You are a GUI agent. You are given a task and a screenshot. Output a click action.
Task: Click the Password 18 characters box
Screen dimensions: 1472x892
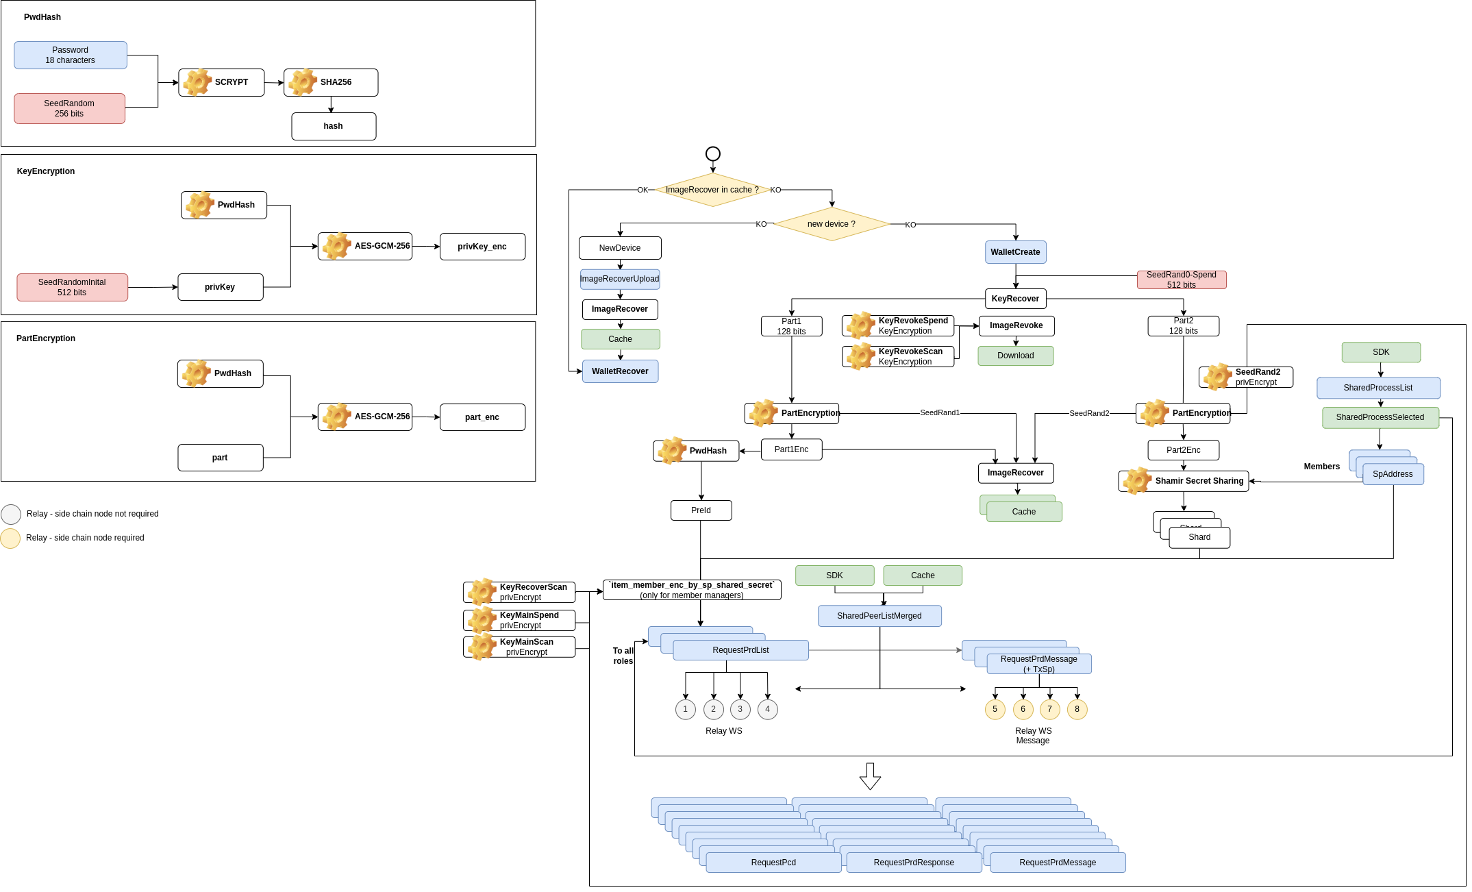71,55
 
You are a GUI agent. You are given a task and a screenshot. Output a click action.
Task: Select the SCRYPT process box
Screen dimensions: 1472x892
221,82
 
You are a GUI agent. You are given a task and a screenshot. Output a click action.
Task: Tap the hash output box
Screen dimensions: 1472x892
334,126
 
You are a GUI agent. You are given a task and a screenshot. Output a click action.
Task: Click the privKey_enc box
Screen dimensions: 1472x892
482,247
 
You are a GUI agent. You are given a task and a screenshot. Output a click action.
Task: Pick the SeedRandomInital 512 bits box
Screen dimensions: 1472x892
72,287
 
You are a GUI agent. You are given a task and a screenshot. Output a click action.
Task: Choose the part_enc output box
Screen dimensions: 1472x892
482,417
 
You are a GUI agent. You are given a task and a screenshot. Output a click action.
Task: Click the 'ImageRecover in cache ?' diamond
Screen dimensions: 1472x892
712,190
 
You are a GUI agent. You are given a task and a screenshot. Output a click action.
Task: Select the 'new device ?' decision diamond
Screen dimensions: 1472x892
832,224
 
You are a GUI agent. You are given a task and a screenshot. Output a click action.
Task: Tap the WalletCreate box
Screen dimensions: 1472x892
1015,252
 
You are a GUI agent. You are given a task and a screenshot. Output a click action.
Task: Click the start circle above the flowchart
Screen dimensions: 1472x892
713,153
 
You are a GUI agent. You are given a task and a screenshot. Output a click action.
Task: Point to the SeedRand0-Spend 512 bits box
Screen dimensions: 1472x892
1182,280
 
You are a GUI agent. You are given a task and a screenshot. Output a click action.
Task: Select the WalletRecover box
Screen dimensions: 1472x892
620,371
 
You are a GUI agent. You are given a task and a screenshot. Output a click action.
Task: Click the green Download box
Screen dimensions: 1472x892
1016,356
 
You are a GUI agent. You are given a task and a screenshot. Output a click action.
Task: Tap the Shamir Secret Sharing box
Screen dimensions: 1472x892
1184,481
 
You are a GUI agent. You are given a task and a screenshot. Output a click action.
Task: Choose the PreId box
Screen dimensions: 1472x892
701,510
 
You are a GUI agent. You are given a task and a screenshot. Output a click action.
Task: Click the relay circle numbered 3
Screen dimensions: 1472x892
740,709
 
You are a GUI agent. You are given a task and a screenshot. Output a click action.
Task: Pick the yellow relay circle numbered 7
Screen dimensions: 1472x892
1050,709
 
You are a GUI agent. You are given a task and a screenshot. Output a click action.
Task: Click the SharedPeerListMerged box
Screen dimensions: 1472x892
880,616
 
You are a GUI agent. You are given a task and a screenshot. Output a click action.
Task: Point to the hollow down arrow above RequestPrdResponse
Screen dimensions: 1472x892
870,776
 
